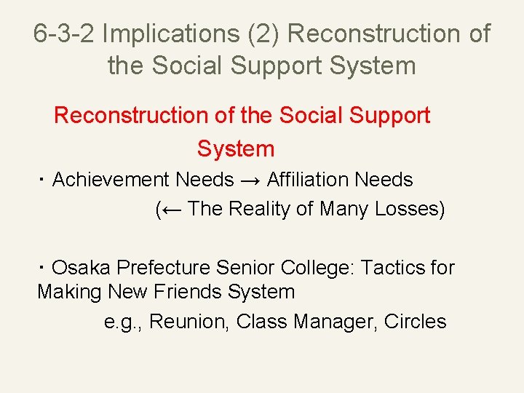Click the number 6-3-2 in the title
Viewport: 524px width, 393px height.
(x=65, y=33)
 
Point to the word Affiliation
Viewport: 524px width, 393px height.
(x=311, y=180)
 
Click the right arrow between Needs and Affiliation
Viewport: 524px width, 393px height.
(x=250, y=180)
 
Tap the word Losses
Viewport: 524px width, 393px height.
(x=405, y=210)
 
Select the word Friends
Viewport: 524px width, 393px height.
(x=188, y=293)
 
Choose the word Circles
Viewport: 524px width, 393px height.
(x=415, y=322)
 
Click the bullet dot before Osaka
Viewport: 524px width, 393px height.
(x=43, y=268)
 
